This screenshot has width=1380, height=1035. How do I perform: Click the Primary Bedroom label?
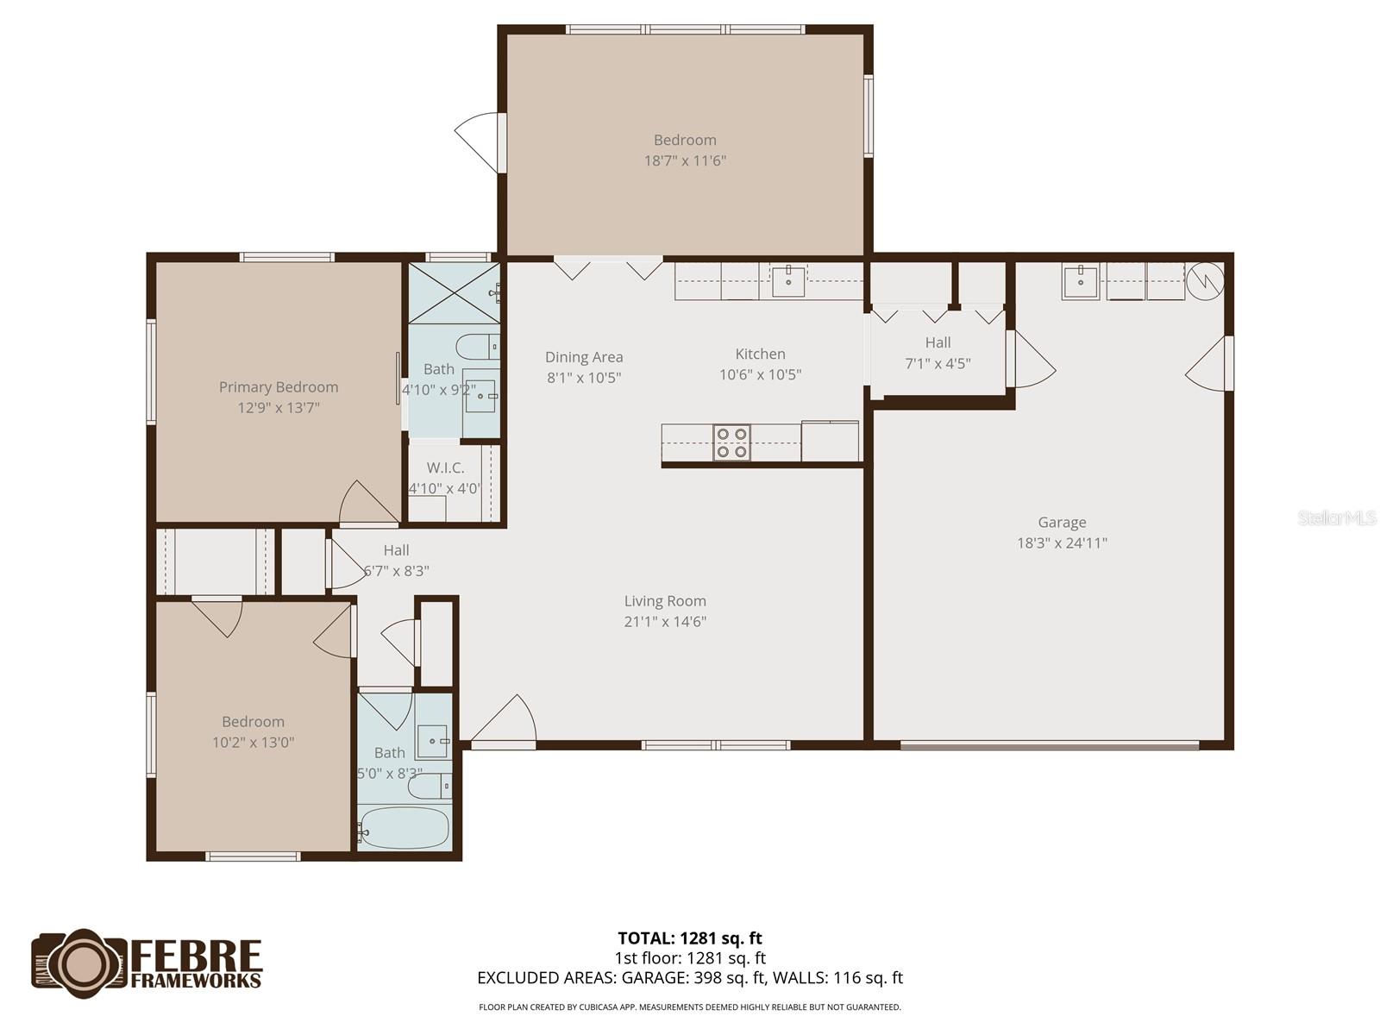click(278, 387)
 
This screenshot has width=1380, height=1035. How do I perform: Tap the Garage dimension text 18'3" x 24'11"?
click(1062, 543)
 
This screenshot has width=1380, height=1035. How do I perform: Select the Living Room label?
click(665, 601)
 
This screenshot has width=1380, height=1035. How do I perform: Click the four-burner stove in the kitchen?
click(731, 443)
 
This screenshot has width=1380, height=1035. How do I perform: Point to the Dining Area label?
click(584, 357)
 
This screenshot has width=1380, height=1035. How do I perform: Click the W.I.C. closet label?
click(445, 467)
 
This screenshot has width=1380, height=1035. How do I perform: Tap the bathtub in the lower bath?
click(404, 827)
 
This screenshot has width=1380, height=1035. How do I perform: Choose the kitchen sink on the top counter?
click(787, 280)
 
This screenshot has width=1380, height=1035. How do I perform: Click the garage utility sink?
click(1080, 280)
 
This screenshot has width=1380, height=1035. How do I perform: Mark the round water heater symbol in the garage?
click(1204, 280)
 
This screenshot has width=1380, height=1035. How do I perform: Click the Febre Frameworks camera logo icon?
click(80, 963)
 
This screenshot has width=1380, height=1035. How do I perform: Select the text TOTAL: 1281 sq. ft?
click(690, 938)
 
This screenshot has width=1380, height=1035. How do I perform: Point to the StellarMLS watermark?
click(1337, 518)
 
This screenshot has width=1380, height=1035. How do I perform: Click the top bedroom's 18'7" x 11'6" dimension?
click(685, 160)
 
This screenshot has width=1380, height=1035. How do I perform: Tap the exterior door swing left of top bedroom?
click(477, 141)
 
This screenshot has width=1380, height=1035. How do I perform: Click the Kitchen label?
click(760, 354)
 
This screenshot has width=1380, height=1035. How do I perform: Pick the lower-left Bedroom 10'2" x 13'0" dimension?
click(253, 743)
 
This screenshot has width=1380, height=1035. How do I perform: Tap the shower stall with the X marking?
click(450, 292)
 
